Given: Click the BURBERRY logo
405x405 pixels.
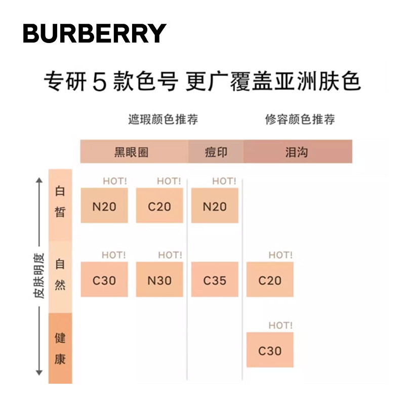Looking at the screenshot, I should point(95,33).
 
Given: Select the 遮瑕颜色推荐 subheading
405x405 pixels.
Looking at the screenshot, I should point(163,120).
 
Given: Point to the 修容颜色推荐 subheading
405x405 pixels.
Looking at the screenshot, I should point(300,120).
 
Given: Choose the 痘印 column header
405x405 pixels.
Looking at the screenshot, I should point(216,152).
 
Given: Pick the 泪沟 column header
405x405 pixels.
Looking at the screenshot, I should point(297,152).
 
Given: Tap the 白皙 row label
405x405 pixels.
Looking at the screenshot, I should point(60,202).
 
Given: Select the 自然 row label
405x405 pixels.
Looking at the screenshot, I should point(60,275).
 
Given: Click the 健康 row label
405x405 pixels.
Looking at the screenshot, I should point(60,349).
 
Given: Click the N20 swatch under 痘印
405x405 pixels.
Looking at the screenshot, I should point(215,206).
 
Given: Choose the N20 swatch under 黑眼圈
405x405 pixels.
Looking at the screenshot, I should point(104,206).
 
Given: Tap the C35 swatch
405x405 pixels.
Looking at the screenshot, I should point(215,280).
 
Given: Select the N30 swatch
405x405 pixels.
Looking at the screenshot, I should point(159,280).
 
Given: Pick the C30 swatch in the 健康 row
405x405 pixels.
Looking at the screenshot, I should point(270,350).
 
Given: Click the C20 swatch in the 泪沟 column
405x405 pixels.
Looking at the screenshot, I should point(270,280).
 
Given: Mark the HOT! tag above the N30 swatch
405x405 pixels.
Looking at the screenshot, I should point(170,255).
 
